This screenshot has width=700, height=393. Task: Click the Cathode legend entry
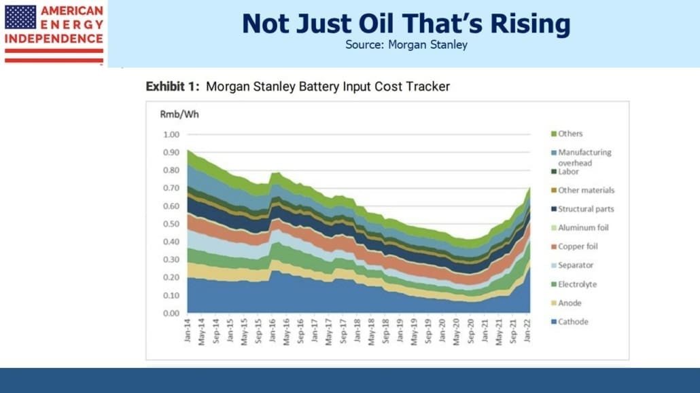tap(570, 322)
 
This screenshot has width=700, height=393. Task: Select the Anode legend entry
tap(566, 303)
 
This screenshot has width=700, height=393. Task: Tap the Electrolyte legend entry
tap(574, 284)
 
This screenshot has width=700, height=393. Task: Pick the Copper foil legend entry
tap(574, 246)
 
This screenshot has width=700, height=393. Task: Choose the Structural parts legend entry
tap(582, 209)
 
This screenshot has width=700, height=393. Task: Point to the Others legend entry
tap(567, 134)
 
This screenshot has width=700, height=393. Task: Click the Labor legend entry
tap(565, 171)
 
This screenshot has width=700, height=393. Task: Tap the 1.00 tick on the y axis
tap(171, 134)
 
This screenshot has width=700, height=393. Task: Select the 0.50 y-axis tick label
tap(171, 224)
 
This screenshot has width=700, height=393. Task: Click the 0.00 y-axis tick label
tap(171, 313)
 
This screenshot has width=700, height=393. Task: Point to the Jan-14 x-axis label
tap(188, 331)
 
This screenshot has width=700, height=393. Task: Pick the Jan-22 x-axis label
tap(527, 331)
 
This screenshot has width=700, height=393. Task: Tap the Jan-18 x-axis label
tap(357, 331)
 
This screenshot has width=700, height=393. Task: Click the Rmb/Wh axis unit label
tap(179, 114)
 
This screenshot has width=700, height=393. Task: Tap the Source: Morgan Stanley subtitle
tap(406, 45)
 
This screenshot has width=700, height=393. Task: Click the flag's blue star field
tap(20, 17)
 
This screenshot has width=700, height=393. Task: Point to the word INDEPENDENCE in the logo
tap(54, 39)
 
